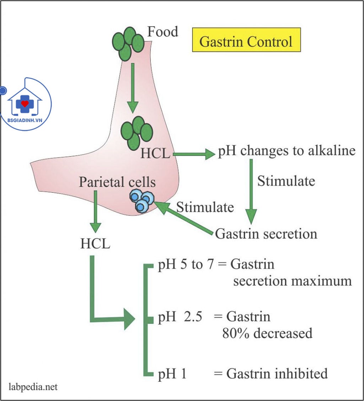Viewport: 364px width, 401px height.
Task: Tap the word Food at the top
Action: pos(163,32)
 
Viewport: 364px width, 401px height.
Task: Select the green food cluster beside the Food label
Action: pos(128,43)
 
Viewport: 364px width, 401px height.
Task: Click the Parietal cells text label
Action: pos(117,182)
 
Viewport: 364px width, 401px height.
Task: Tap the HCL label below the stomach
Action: pos(95,244)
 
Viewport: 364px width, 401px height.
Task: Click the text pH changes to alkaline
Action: pos(287,151)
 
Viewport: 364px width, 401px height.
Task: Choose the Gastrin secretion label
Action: pos(266,234)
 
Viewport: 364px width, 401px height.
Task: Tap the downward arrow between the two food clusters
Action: pos(133,87)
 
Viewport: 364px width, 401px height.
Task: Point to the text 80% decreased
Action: pos(267,333)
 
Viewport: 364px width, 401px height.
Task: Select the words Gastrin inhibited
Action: pos(277,374)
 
